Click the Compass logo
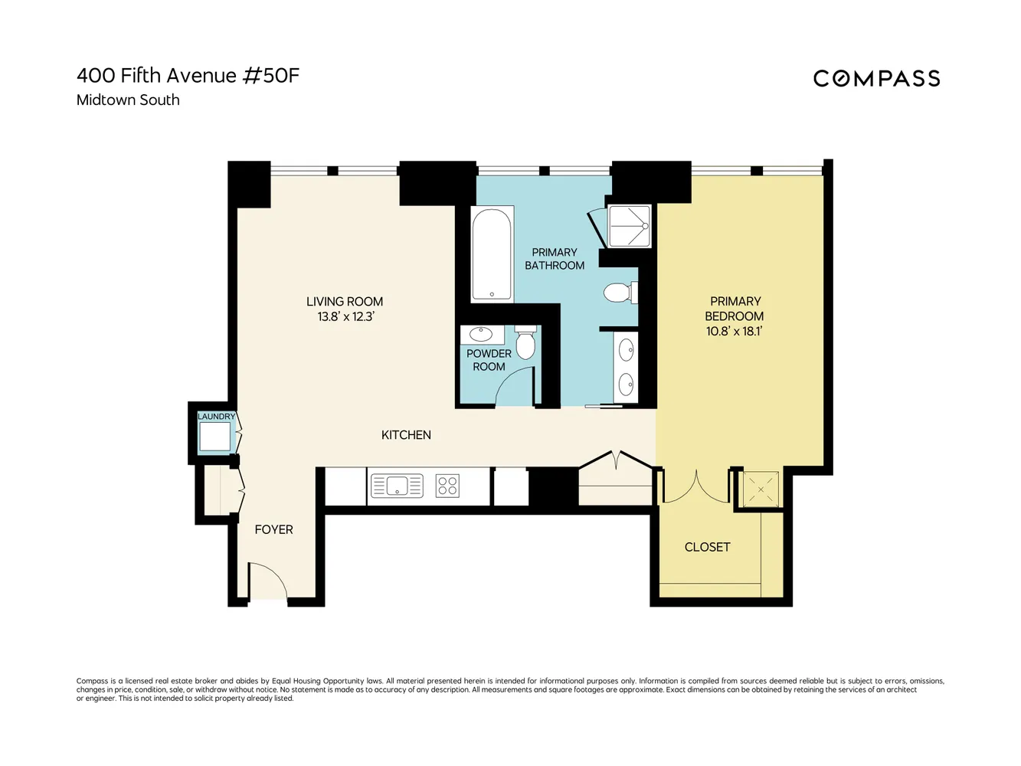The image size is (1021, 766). click(x=876, y=78)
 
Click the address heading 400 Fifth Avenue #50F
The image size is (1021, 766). click(x=188, y=75)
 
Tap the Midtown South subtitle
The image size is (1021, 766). click(x=128, y=100)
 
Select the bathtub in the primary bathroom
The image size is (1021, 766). click(x=492, y=254)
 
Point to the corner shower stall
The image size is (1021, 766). click(x=629, y=226)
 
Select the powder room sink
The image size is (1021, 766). click(x=481, y=335)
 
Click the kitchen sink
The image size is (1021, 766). click(x=397, y=486)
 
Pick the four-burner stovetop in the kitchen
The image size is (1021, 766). click(x=447, y=486)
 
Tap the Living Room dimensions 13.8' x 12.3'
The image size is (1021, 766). click(x=345, y=316)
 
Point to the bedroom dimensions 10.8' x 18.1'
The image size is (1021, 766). click(x=734, y=331)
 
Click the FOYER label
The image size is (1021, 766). click(x=273, y=529)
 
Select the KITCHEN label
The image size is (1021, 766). click(x=406, y=434)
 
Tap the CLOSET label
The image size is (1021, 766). click(x=707, y=547)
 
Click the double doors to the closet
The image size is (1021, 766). click(x=695, y=487)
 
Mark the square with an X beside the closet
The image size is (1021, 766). click(x=761, y=489)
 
